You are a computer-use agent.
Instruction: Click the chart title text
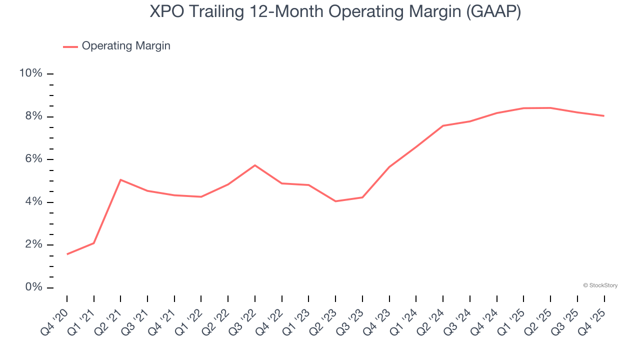pyautogui.click(x=335, y=11)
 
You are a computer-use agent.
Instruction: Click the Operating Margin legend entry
pyautogui.click(x=125, y=46)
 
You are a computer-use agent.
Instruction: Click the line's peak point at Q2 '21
pyautogui.click(x=120, y=179)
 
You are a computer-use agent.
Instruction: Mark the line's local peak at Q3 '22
pyautogui.click(x=255, y=165)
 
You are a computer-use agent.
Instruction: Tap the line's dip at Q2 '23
pyautogui.click(x=335, y=201)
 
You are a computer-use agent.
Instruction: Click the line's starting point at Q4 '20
pyautogui.click(x=67, y=254)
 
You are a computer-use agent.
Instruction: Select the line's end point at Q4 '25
pyautogui.click(x=604, y=116)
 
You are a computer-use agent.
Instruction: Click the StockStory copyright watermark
pyautogui.click(x=600, y=285)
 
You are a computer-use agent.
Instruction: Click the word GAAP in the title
pyautogui.click(x=492, y=11)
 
